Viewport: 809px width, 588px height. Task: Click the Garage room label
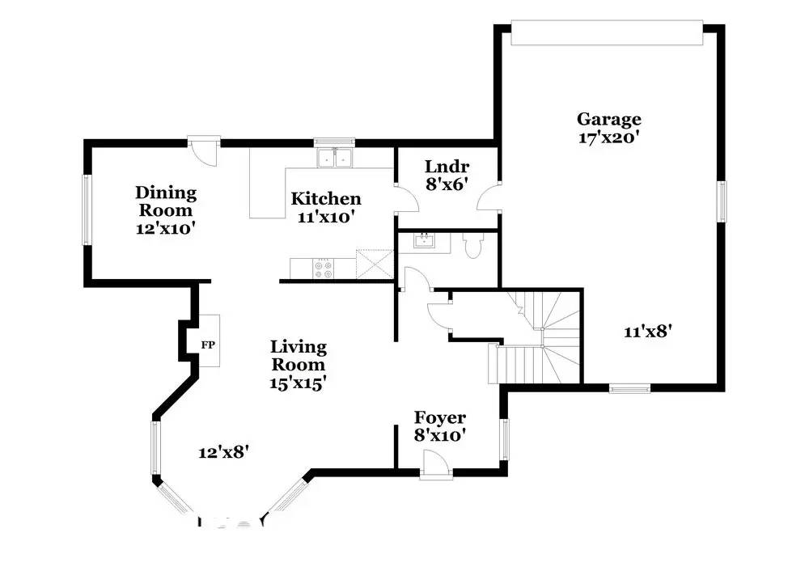(608, 120)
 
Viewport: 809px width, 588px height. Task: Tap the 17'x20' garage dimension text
(608, 138)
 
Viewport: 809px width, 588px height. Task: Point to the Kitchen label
(326, 199)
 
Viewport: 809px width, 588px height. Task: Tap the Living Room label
(299, 356)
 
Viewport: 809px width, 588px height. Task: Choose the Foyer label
(439, 417)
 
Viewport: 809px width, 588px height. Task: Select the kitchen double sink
(334, 158)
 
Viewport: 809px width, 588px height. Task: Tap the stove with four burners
(323, 269)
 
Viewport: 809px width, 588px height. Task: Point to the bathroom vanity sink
(424, 240)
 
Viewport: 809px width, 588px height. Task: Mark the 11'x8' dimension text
(649, 331)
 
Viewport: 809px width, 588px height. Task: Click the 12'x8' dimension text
(222, 453)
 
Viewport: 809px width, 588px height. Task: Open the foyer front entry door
(434, 466)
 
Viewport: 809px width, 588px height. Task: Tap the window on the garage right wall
(722, 201)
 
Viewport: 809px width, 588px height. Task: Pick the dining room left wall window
(87, 209)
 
